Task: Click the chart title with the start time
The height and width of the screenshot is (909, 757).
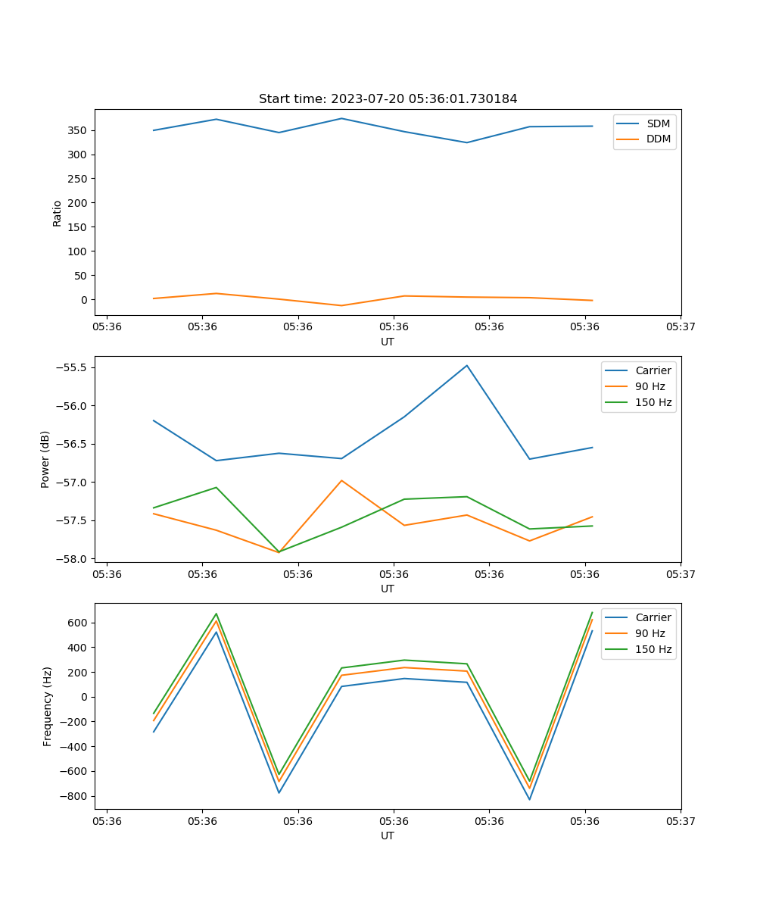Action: (388, 99)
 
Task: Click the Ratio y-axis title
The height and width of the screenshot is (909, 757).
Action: (58, 212)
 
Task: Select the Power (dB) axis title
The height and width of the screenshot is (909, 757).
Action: (45, 459)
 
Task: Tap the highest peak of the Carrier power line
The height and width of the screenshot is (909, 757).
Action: (467, 365)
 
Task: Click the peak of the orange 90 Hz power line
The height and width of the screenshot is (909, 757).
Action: (341, 480)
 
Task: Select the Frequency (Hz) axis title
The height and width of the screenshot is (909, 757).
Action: (48, 706)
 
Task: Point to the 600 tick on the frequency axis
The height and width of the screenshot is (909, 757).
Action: (79, 623)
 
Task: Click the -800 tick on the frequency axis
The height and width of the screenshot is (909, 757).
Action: (76, 796)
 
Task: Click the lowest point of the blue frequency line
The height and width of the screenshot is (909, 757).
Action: (530, 799)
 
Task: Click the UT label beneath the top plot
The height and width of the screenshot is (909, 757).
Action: (388, 342)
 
